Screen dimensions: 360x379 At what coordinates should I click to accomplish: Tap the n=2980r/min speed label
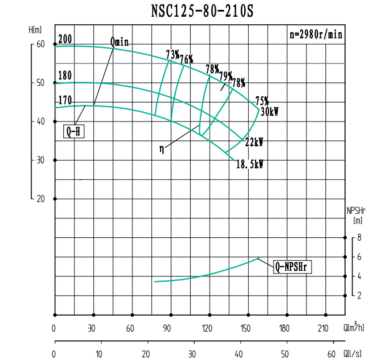point(316,34)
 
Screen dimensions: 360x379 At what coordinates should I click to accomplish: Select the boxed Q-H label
point(74,132)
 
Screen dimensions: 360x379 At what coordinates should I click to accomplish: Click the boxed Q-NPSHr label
point(293,266)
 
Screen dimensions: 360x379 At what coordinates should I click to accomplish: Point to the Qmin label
point(119,41)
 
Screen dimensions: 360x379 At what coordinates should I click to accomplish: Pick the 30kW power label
point(270,112)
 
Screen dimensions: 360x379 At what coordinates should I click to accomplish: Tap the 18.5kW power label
point(249,164)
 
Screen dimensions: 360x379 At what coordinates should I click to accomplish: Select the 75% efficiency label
point(262,100)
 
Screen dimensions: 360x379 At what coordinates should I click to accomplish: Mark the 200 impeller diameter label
point(65,39)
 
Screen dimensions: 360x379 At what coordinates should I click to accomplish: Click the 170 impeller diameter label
point(65,101)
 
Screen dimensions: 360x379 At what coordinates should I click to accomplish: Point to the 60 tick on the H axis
point(40,44)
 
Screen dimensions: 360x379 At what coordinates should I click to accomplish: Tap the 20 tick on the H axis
point(40,199)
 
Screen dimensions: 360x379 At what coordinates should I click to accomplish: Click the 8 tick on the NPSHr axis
point(358,237)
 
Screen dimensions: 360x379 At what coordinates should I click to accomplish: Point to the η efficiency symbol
point(162,149)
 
